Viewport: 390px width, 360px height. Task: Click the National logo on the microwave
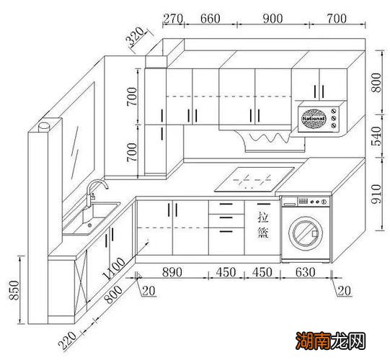(314, 119)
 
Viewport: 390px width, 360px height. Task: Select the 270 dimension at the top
(173, 19)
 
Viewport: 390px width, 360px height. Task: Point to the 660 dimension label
(210, 19)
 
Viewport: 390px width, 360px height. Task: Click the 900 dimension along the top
(272, 19)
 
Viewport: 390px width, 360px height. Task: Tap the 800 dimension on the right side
(376, 83)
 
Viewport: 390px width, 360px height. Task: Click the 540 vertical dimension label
(376, 136)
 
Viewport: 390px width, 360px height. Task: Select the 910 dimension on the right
(376, 194)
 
